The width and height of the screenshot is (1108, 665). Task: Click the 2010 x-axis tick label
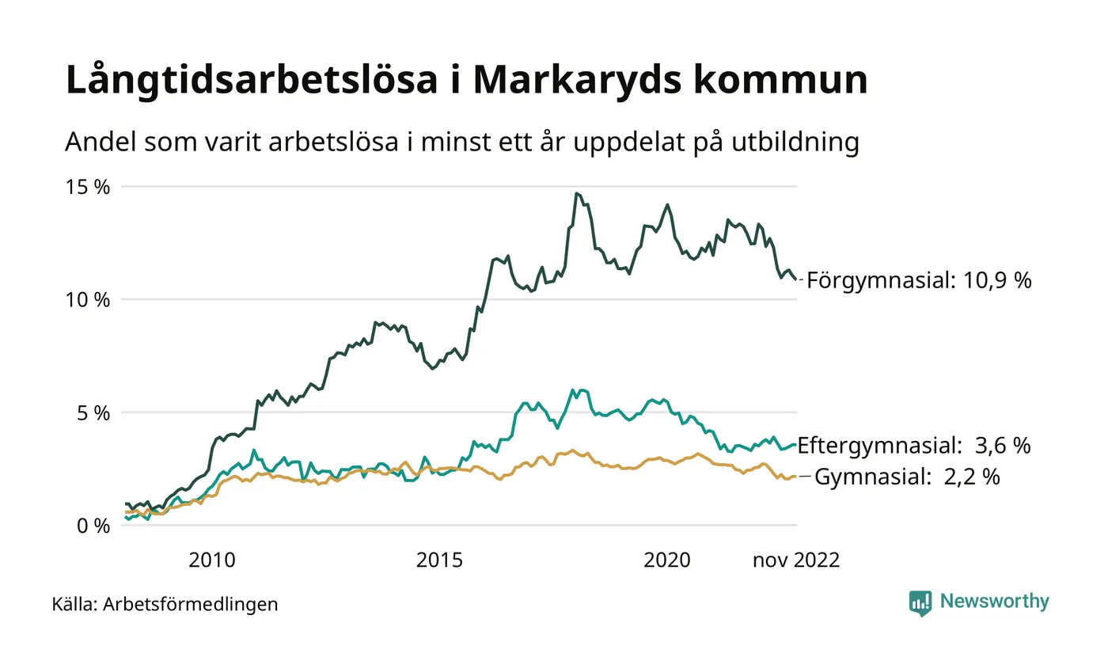point(212,560)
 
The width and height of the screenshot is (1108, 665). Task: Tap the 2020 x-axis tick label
point(667,560)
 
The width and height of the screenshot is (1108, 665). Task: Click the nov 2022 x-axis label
point(796,560)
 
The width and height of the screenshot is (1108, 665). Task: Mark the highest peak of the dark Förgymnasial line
point(576,193)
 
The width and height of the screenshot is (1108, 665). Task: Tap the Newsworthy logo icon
point(920,603)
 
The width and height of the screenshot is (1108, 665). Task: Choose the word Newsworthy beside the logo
point(994,602)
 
